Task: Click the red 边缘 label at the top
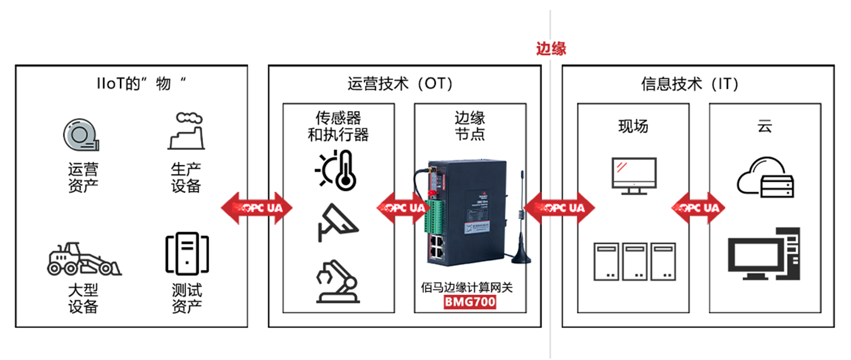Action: coord(550,49)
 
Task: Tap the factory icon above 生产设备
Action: coord(185,131)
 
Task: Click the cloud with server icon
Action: coord(765,178)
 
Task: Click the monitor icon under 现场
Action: coord(633,176)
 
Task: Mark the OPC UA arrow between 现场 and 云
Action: coord(699,208)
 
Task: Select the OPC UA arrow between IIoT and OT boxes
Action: coord(256,208)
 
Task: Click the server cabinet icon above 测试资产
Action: coord(187,254)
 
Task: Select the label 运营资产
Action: coord(83,178)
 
